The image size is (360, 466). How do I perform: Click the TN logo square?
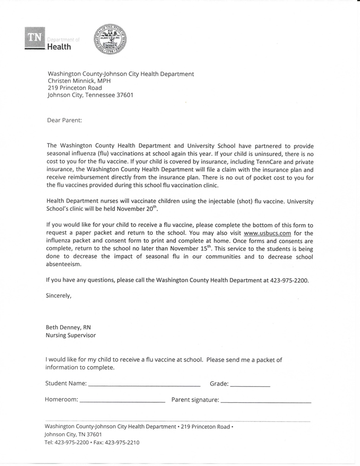click(34, 37)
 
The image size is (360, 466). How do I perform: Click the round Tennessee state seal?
click(110, 39)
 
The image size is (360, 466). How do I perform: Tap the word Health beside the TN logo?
click(59, 47)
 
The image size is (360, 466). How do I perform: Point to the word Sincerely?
click(58, 296)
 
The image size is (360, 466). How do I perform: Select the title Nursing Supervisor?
click(70, 335)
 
